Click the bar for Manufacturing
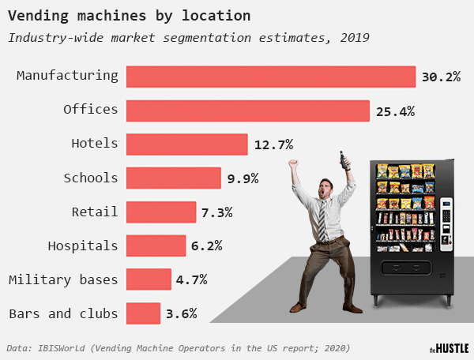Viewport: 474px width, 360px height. pyautogui.click(x=271, y=77)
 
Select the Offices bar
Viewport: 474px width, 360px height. pyautogui.click(x=248, y=111)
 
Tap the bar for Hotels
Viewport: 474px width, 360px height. pyautogui.click(x=187, y=144)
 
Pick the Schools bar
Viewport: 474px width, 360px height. pyautogui.click(x=174, y=178)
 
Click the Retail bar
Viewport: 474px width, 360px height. pyautogui.click(x=161, y=212)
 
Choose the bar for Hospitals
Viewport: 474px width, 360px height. pyautogui.click(x=156, y=246)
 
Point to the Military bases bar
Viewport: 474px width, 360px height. pyautogui.click(x=149, y=279)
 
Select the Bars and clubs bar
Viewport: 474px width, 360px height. pyautogui.click(x=143, y=313)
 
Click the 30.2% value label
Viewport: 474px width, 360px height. pyautogui.click(x=441, y=77)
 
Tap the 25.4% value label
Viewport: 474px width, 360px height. pyautogui.click(x=395, y=111)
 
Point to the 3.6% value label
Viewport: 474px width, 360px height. pyautogui.click(x=181, y=314)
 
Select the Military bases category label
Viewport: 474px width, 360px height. pyautogui.click(x=63, y=279)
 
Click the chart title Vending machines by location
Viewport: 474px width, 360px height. pyautogui.click(x=130, y=15)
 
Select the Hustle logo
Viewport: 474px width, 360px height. pyautogui.click(x=449, y=347)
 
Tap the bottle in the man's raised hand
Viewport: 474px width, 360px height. pyautogui.click(x=342, y=159)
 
